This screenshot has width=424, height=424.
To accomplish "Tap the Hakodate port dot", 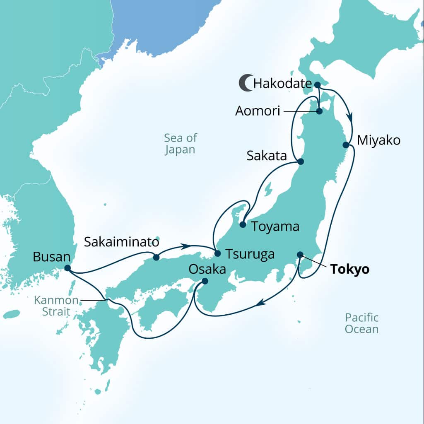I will [x=318, y=85].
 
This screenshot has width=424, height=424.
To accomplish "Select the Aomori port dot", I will [x=320, y=111].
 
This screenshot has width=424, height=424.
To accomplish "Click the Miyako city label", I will [x=378, y=140].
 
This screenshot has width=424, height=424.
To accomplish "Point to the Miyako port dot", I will [x=345, y=145].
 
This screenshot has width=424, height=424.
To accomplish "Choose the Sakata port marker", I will [x=301, y=161].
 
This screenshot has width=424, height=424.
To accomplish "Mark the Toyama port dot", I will [x=243, y=225].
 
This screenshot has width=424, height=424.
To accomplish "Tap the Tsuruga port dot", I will [x=217, y=253].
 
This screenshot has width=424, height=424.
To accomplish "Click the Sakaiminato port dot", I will [x=156, y=257].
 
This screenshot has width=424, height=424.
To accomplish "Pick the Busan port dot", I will [x=67, y=268].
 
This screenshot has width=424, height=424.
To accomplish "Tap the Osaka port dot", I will [x=205, y=281].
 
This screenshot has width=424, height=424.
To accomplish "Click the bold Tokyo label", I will [x=349, y=270].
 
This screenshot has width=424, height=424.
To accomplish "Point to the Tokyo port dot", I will [x=300, y=254].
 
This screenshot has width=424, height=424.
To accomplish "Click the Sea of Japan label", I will [x=180, y=143].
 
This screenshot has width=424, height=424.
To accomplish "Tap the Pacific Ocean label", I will [x=362, y=323].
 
